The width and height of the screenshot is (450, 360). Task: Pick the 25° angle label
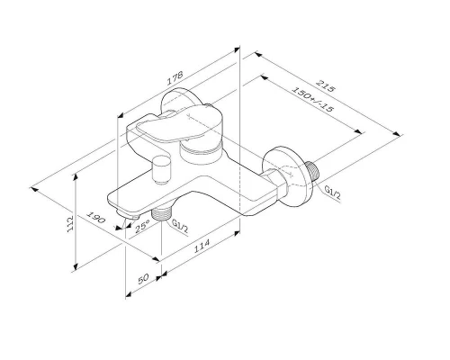point(140,229)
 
